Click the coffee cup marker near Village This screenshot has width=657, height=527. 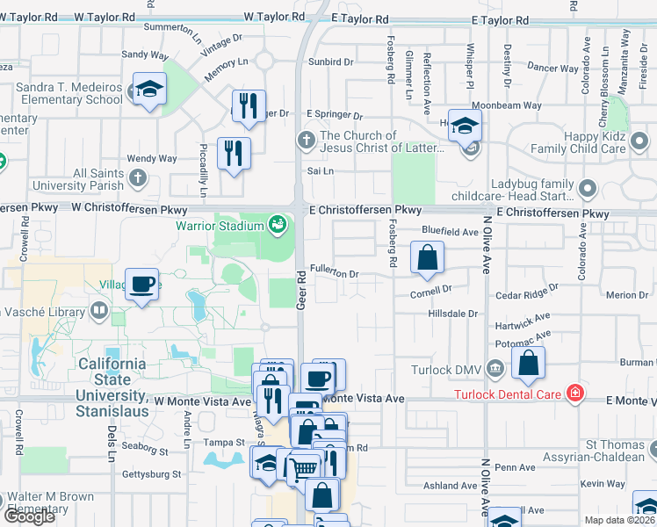click(x=141, y=285)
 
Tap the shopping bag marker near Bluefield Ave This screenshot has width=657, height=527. click(x=427, y=258)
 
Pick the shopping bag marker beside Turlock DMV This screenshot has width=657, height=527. click(x=528, y=364)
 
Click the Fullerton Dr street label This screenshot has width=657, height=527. click(x=334, y=274)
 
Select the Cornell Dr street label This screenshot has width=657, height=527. click(x=430, y=288)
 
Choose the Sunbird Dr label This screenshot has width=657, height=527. click(x=330, y=62)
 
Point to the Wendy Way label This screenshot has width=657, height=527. click(x=152, y=159)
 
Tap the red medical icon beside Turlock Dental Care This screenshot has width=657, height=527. click(x=575, y=392)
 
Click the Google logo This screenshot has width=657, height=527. click(x=29, y=516)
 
